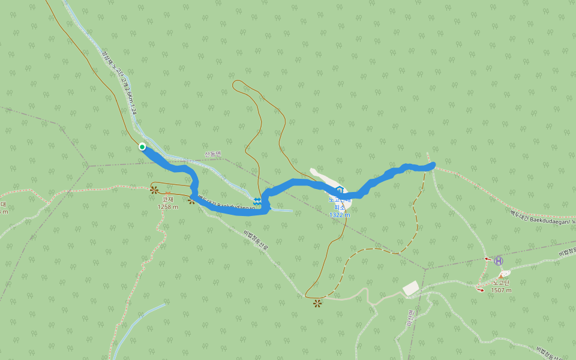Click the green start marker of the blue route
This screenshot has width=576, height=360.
click(142, 146)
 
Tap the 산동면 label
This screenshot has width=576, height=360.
click(213, 154)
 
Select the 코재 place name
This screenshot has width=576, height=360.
click(167, 199)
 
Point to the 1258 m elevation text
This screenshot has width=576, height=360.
click(167, 207)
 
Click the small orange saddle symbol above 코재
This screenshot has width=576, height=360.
click(154, 190)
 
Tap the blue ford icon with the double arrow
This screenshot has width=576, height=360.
click(257, 202)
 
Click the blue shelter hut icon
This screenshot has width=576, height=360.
click(340, 191)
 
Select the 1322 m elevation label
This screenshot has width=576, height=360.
click(340, 214)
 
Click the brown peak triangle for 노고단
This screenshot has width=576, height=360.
click(501, 275)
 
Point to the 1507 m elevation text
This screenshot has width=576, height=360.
click(501, 290)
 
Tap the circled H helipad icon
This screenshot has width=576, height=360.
click(498, 260)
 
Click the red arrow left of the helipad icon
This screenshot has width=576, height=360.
click(487, 259)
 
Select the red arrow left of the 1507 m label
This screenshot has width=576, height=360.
click(480, 290)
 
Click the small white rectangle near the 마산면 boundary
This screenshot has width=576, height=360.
click(411, 289)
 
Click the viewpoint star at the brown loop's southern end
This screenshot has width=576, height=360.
click(317, 303)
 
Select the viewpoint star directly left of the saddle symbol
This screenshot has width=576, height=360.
click(191, 200)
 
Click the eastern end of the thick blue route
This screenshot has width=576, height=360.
click(432, 165)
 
